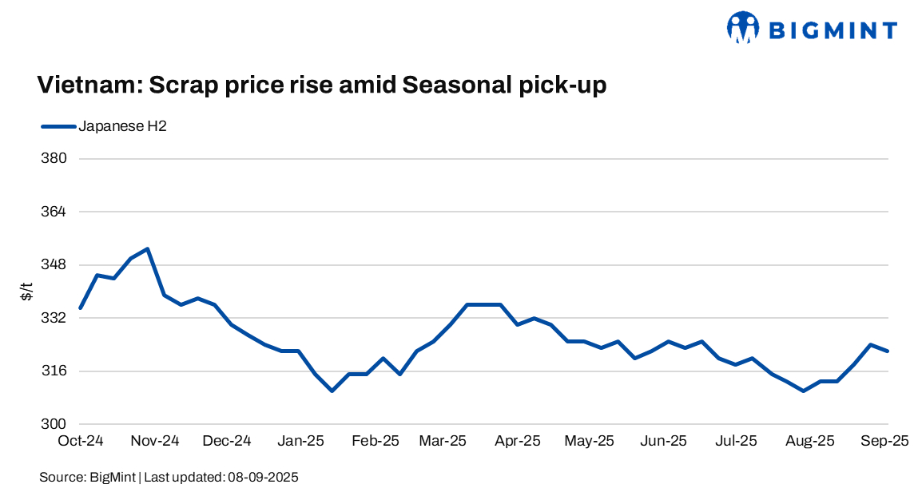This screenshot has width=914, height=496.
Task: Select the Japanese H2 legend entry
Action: point(121,126)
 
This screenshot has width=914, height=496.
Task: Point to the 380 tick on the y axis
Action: point(54,158)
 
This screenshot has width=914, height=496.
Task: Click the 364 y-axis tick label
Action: point(54,212)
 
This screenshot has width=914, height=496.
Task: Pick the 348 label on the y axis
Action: point(54,264)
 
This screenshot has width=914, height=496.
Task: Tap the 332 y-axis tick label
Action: point(54,318)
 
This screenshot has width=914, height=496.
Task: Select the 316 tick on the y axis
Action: point(54,371)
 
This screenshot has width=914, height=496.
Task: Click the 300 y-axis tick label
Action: point(54,424)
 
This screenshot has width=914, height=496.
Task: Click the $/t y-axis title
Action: point(27,292)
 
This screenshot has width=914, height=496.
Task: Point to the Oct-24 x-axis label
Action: point(81,441)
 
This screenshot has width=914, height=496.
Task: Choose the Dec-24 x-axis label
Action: point(227,441)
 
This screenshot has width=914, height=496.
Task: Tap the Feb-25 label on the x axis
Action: point(376,441)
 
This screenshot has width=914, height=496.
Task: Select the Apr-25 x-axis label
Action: point(519,441)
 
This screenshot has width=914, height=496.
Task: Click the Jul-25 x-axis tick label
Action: point(736,441)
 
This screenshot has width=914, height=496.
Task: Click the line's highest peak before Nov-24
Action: point(148,248)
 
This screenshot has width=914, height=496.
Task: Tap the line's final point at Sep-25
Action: point(888,351)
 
